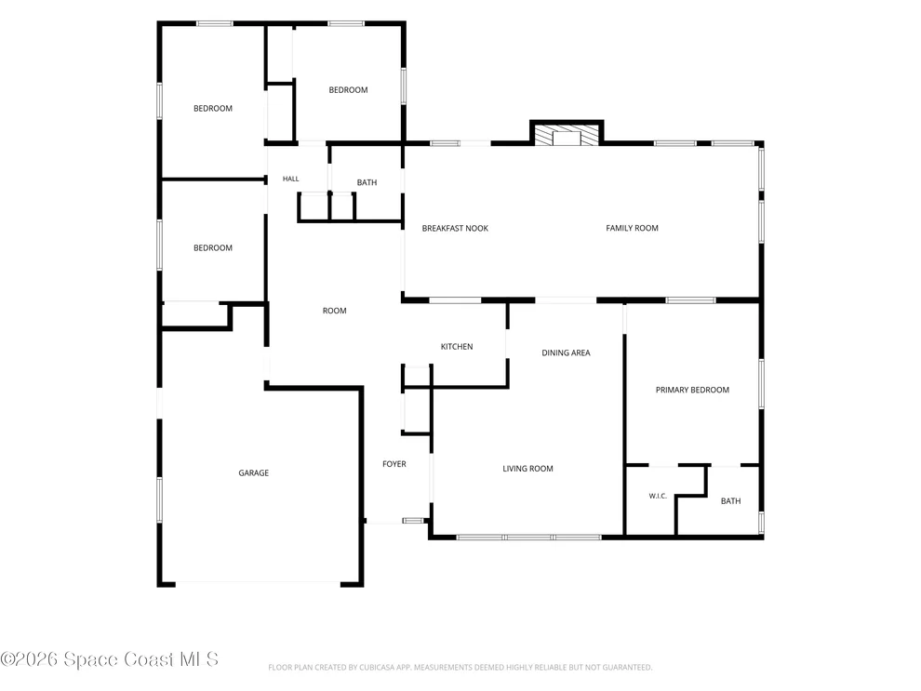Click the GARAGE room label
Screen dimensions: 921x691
pos(254,472)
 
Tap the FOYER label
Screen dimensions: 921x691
pos(394,464)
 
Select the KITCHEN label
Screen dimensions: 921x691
pos(457,346)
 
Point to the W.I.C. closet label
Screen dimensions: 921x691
pos(658,496)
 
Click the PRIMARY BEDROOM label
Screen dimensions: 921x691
pos(692,390)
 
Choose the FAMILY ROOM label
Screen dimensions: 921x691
pos(632,228)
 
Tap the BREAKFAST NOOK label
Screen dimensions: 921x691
pos(455,229)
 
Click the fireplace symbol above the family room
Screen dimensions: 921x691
pos(567,135)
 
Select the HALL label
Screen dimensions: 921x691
pos(291,179)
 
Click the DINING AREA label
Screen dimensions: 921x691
pos(567,352)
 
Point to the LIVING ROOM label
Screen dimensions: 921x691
pos(528,469)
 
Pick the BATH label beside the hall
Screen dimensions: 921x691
pos(367,182)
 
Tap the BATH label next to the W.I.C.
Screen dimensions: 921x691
pos(730,500)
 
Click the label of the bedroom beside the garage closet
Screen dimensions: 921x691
pos(213,247)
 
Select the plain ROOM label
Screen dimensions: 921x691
pos(335,311)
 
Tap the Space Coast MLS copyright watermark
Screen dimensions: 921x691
pos(109,659)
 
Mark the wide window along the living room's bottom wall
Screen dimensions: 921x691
pos(529,538)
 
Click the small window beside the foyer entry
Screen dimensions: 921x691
pos(413,521)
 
